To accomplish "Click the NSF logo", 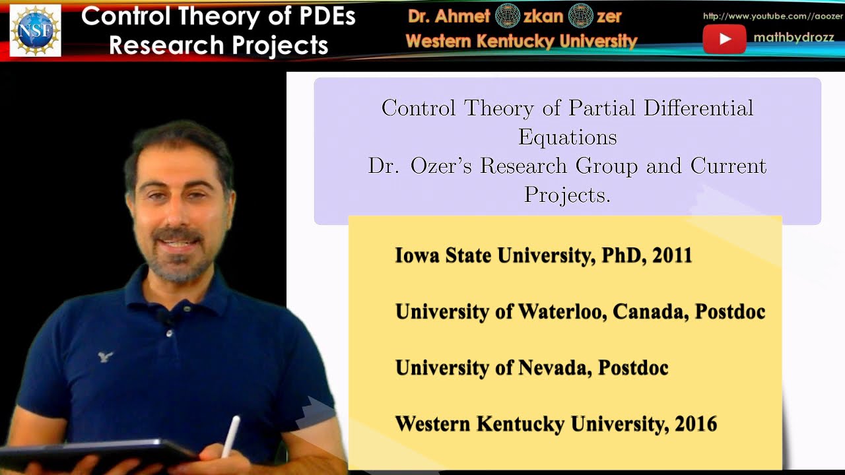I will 35,30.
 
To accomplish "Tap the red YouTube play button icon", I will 724,39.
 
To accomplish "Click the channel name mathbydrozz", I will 794,38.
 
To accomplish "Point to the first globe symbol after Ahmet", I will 508,15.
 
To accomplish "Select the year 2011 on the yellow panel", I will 672,255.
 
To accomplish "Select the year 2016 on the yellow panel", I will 696,424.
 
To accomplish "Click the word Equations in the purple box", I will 567,137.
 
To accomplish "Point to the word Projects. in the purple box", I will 567,194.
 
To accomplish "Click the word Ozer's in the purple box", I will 441,166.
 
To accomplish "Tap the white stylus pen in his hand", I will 231,435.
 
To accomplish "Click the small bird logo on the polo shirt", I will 105,357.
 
